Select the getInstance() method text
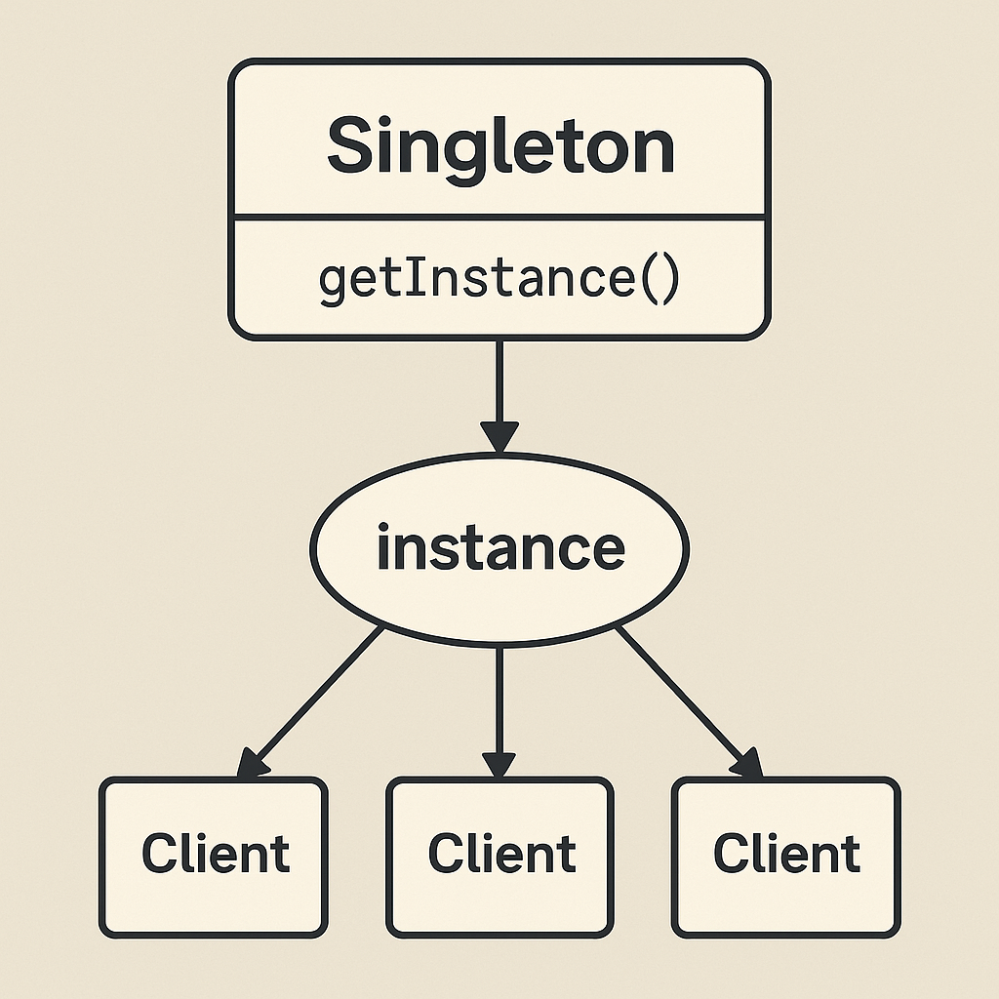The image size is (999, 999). (499, 279)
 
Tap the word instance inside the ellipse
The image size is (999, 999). (500, 546)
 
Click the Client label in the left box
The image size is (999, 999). (216, 853)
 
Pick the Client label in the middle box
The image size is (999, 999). (502, 853)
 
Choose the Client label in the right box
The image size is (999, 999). (787, 853)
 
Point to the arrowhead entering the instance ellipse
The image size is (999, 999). (499, 437)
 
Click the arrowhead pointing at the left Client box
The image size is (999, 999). (252, 763)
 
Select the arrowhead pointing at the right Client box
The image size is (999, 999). (747, 763)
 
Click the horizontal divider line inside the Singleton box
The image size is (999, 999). (499, 218)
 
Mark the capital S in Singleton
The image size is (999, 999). (350, 144)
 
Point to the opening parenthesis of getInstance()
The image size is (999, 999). (649, 278)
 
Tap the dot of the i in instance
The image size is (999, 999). (383, 527)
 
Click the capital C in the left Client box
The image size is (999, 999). (159, 853)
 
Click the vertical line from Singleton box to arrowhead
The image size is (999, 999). (499, 381)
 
